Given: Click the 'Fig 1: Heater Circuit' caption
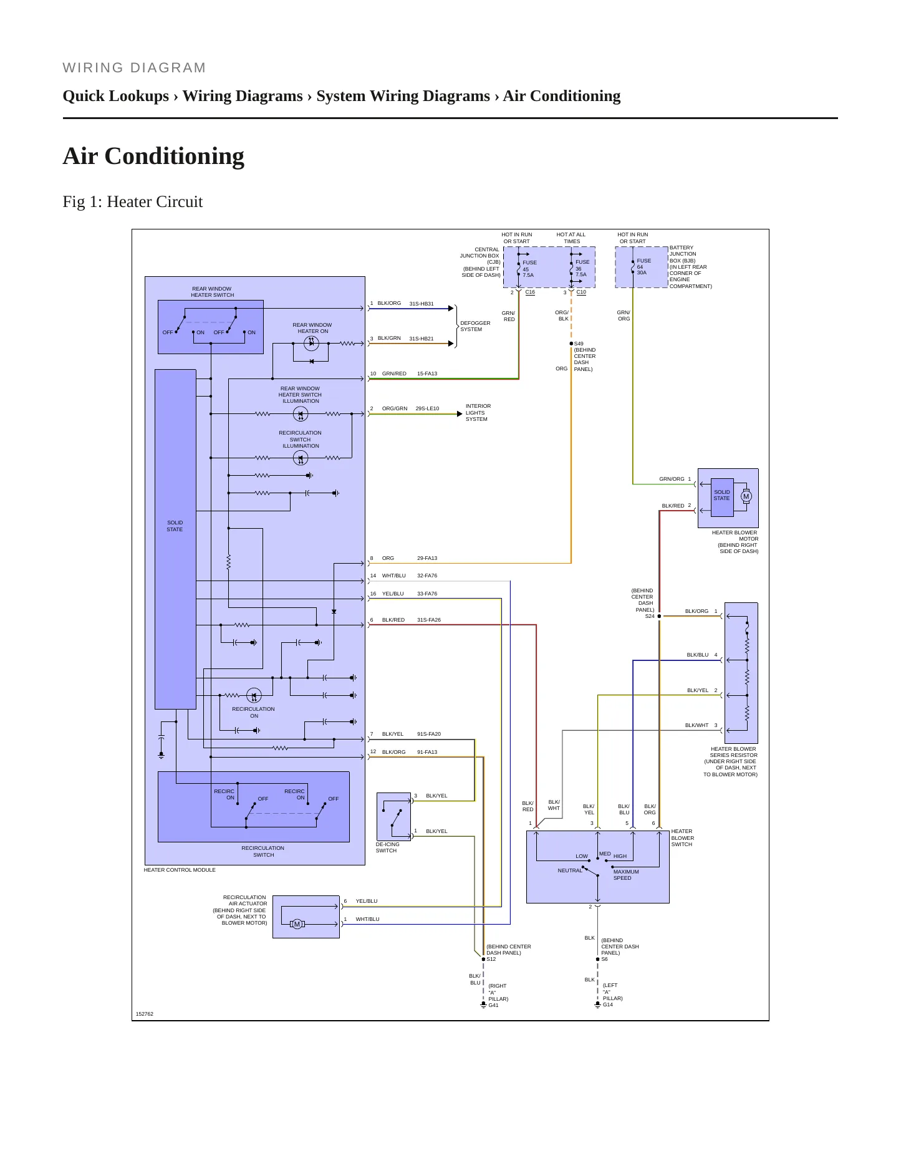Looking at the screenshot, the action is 133,202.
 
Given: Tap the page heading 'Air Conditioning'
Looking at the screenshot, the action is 153,156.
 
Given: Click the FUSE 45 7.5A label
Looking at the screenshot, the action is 529,269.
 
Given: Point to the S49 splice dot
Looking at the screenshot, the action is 571,344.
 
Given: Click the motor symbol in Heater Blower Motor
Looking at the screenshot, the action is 746,497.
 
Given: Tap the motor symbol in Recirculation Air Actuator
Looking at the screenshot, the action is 297,924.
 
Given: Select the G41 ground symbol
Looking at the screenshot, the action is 483,1005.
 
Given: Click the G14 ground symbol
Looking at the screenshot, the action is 597,1005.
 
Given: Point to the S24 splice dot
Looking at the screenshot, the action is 659,616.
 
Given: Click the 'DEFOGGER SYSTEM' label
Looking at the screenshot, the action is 475,326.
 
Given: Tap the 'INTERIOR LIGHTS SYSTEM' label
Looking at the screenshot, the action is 478,413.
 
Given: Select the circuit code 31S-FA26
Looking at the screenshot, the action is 429,620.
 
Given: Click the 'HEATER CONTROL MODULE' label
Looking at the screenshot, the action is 180,870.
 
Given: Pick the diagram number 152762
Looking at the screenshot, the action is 145,1014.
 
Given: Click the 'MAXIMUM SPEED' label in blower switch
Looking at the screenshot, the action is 625,875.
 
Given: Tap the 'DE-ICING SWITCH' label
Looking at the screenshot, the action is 387,847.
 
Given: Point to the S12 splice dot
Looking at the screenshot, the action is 483,959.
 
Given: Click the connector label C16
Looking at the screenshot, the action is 530,292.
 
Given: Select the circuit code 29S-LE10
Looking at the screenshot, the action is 427,408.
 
